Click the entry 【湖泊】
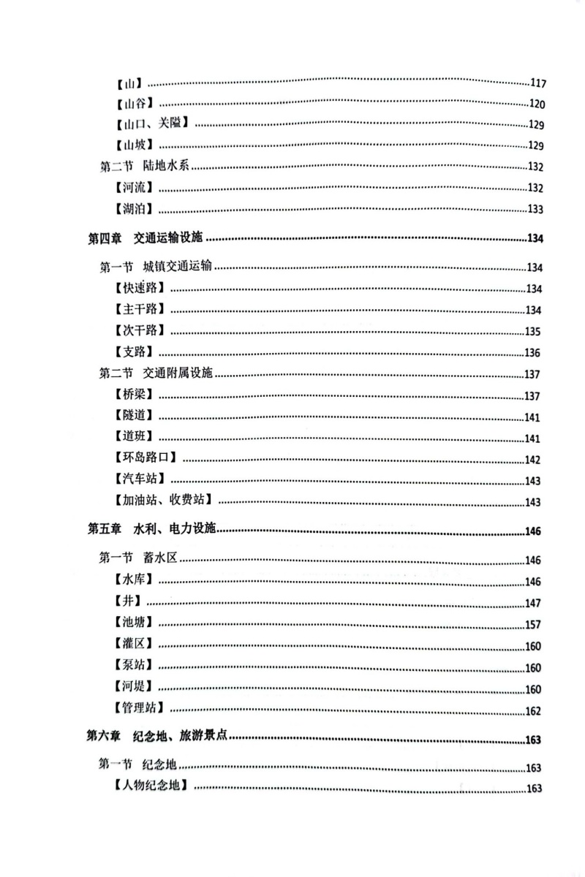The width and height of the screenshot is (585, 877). pyautogui.click(x=135, y=209)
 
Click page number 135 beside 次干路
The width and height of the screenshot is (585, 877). pyautogui.click(x=532, y=331)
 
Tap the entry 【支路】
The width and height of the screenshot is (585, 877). pyautogui.click(x=135, y=352)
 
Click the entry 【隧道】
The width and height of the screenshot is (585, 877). pyautogui.click(x=135, y=417)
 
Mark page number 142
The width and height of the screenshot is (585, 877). pyautogui.click(x=532, y=460)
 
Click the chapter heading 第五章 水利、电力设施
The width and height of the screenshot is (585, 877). pyautogui.click(x=154, y=530)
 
